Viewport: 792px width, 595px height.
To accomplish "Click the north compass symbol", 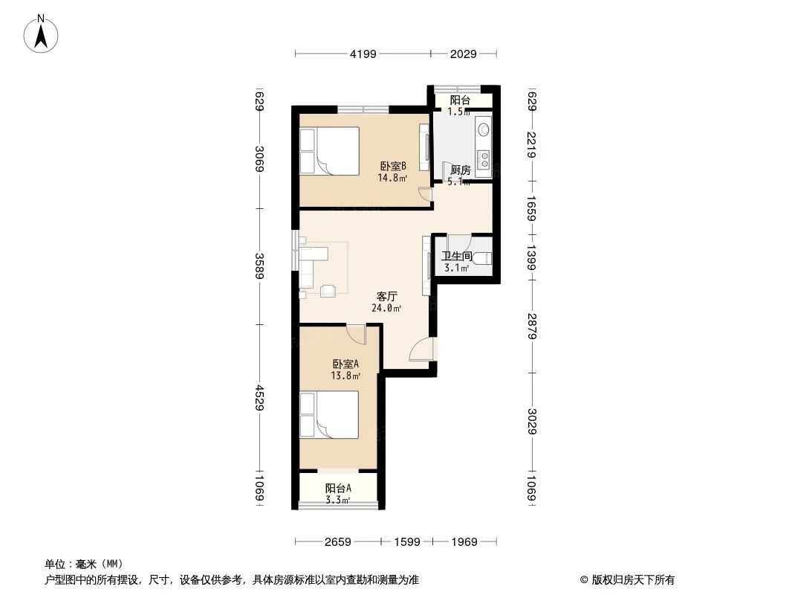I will pyautogui.click(x=42, y=33).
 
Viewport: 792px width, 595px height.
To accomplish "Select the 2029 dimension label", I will pyautogui.click(x=463, y=54).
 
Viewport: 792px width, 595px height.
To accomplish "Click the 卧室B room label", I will pyautogui.click(x=393, y=167).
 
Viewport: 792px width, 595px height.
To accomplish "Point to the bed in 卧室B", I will pyautogui.click(x=329, y=151).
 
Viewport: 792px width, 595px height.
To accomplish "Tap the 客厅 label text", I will pyautogui.click(x=386, y=296).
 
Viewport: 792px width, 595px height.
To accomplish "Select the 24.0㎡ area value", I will pyautogui.click(x=386, y=308).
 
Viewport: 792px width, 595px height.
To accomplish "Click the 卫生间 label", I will pyautogui.click(x=456, y=257).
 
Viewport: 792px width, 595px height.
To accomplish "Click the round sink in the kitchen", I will pyautogui.click(x=484, y=129).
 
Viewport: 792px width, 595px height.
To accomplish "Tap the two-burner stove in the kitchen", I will pyautogui.click(x=484, y=158).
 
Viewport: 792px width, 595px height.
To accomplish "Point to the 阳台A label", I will pyautogui.click(x=338, y=489).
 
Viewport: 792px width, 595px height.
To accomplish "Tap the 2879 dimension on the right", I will pyautogui.click(x=532, y=326).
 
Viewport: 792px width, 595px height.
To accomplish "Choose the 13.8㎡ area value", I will pyautogui.click(x=345, y=376).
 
